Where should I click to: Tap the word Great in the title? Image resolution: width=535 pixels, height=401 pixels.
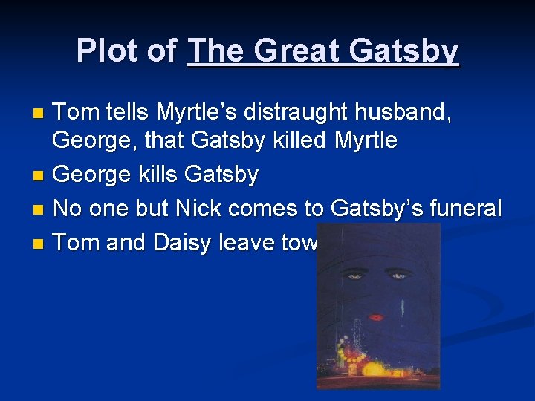[291, 50]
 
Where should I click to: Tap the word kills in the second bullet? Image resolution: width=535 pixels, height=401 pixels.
[152, 175]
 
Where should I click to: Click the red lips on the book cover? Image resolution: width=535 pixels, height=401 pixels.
[377, 317]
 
